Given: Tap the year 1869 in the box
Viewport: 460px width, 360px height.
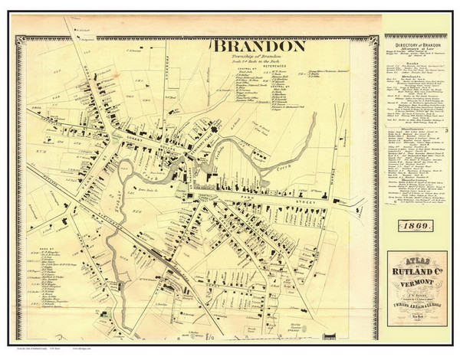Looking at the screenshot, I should [420, 225].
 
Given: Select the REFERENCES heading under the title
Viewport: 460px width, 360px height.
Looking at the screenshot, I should [261, 67].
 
